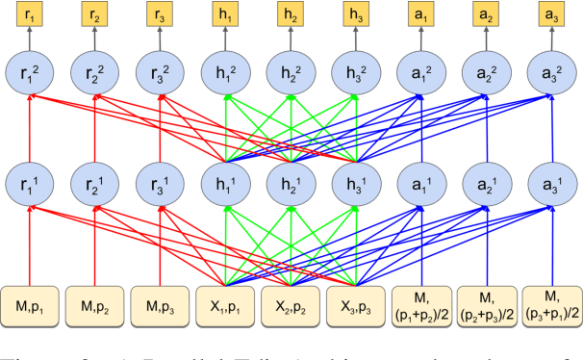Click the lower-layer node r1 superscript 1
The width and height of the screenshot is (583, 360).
(29, 183)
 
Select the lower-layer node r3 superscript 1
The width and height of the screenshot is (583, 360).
(159, 183)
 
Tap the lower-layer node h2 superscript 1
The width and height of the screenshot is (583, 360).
(290, 183)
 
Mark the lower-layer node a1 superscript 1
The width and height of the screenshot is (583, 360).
(420, 183)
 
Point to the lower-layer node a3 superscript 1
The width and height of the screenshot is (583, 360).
(551, 183)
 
